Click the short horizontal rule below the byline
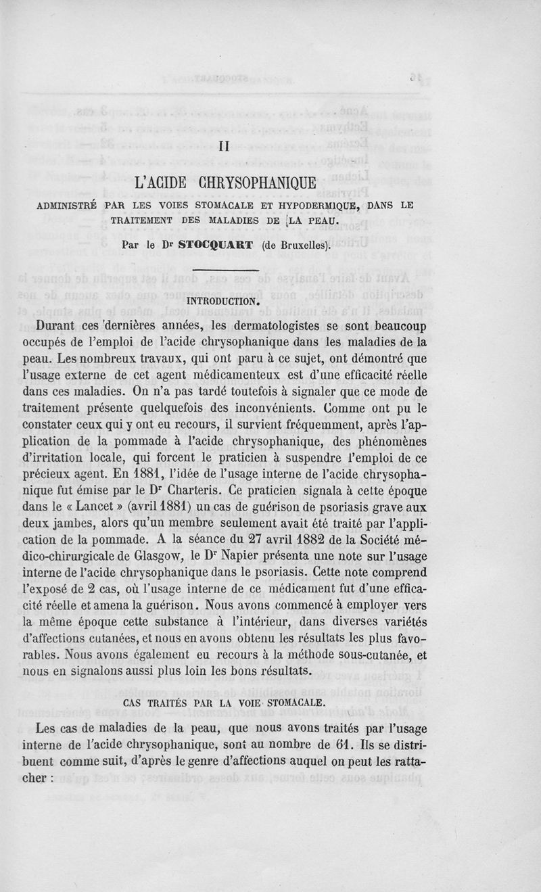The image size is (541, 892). [226, 271]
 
